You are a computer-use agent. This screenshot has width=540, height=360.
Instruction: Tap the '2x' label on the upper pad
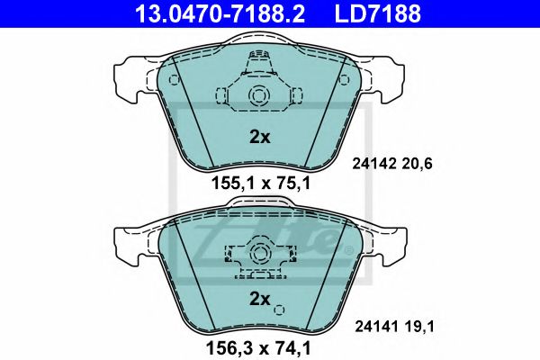coord(259,138)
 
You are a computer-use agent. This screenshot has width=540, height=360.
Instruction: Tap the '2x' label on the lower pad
coord(259,298)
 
